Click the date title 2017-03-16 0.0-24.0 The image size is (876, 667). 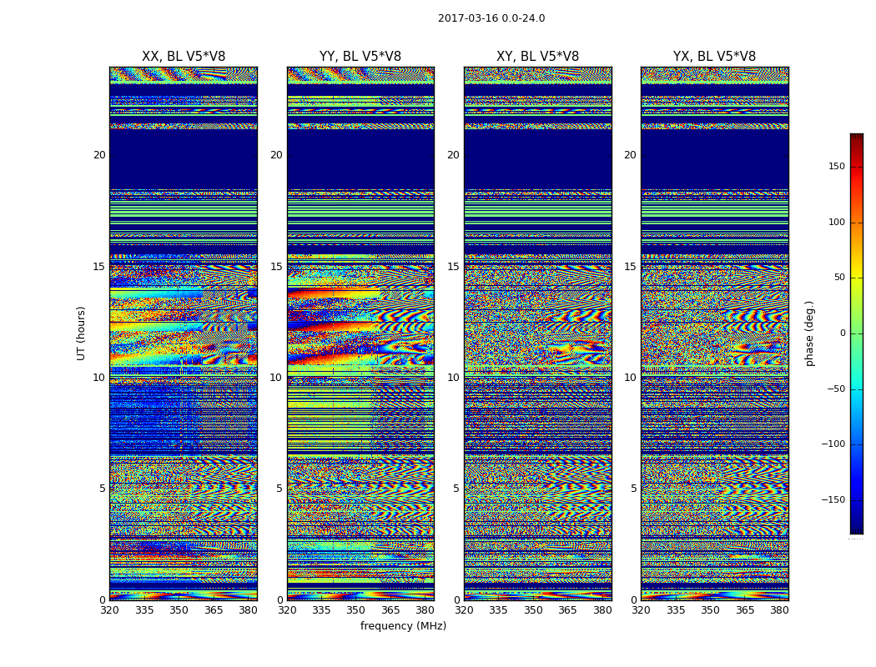coord(491,18)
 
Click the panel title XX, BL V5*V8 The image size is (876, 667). coord(184,57)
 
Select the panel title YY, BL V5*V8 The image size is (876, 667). coord(360,57)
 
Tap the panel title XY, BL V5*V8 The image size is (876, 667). coord(537,57)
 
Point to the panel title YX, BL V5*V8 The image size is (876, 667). coord(714,57)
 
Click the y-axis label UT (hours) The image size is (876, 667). coord(81,333)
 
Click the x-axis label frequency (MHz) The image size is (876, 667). coord(403,626)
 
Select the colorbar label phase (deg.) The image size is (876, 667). coord(809,333)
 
